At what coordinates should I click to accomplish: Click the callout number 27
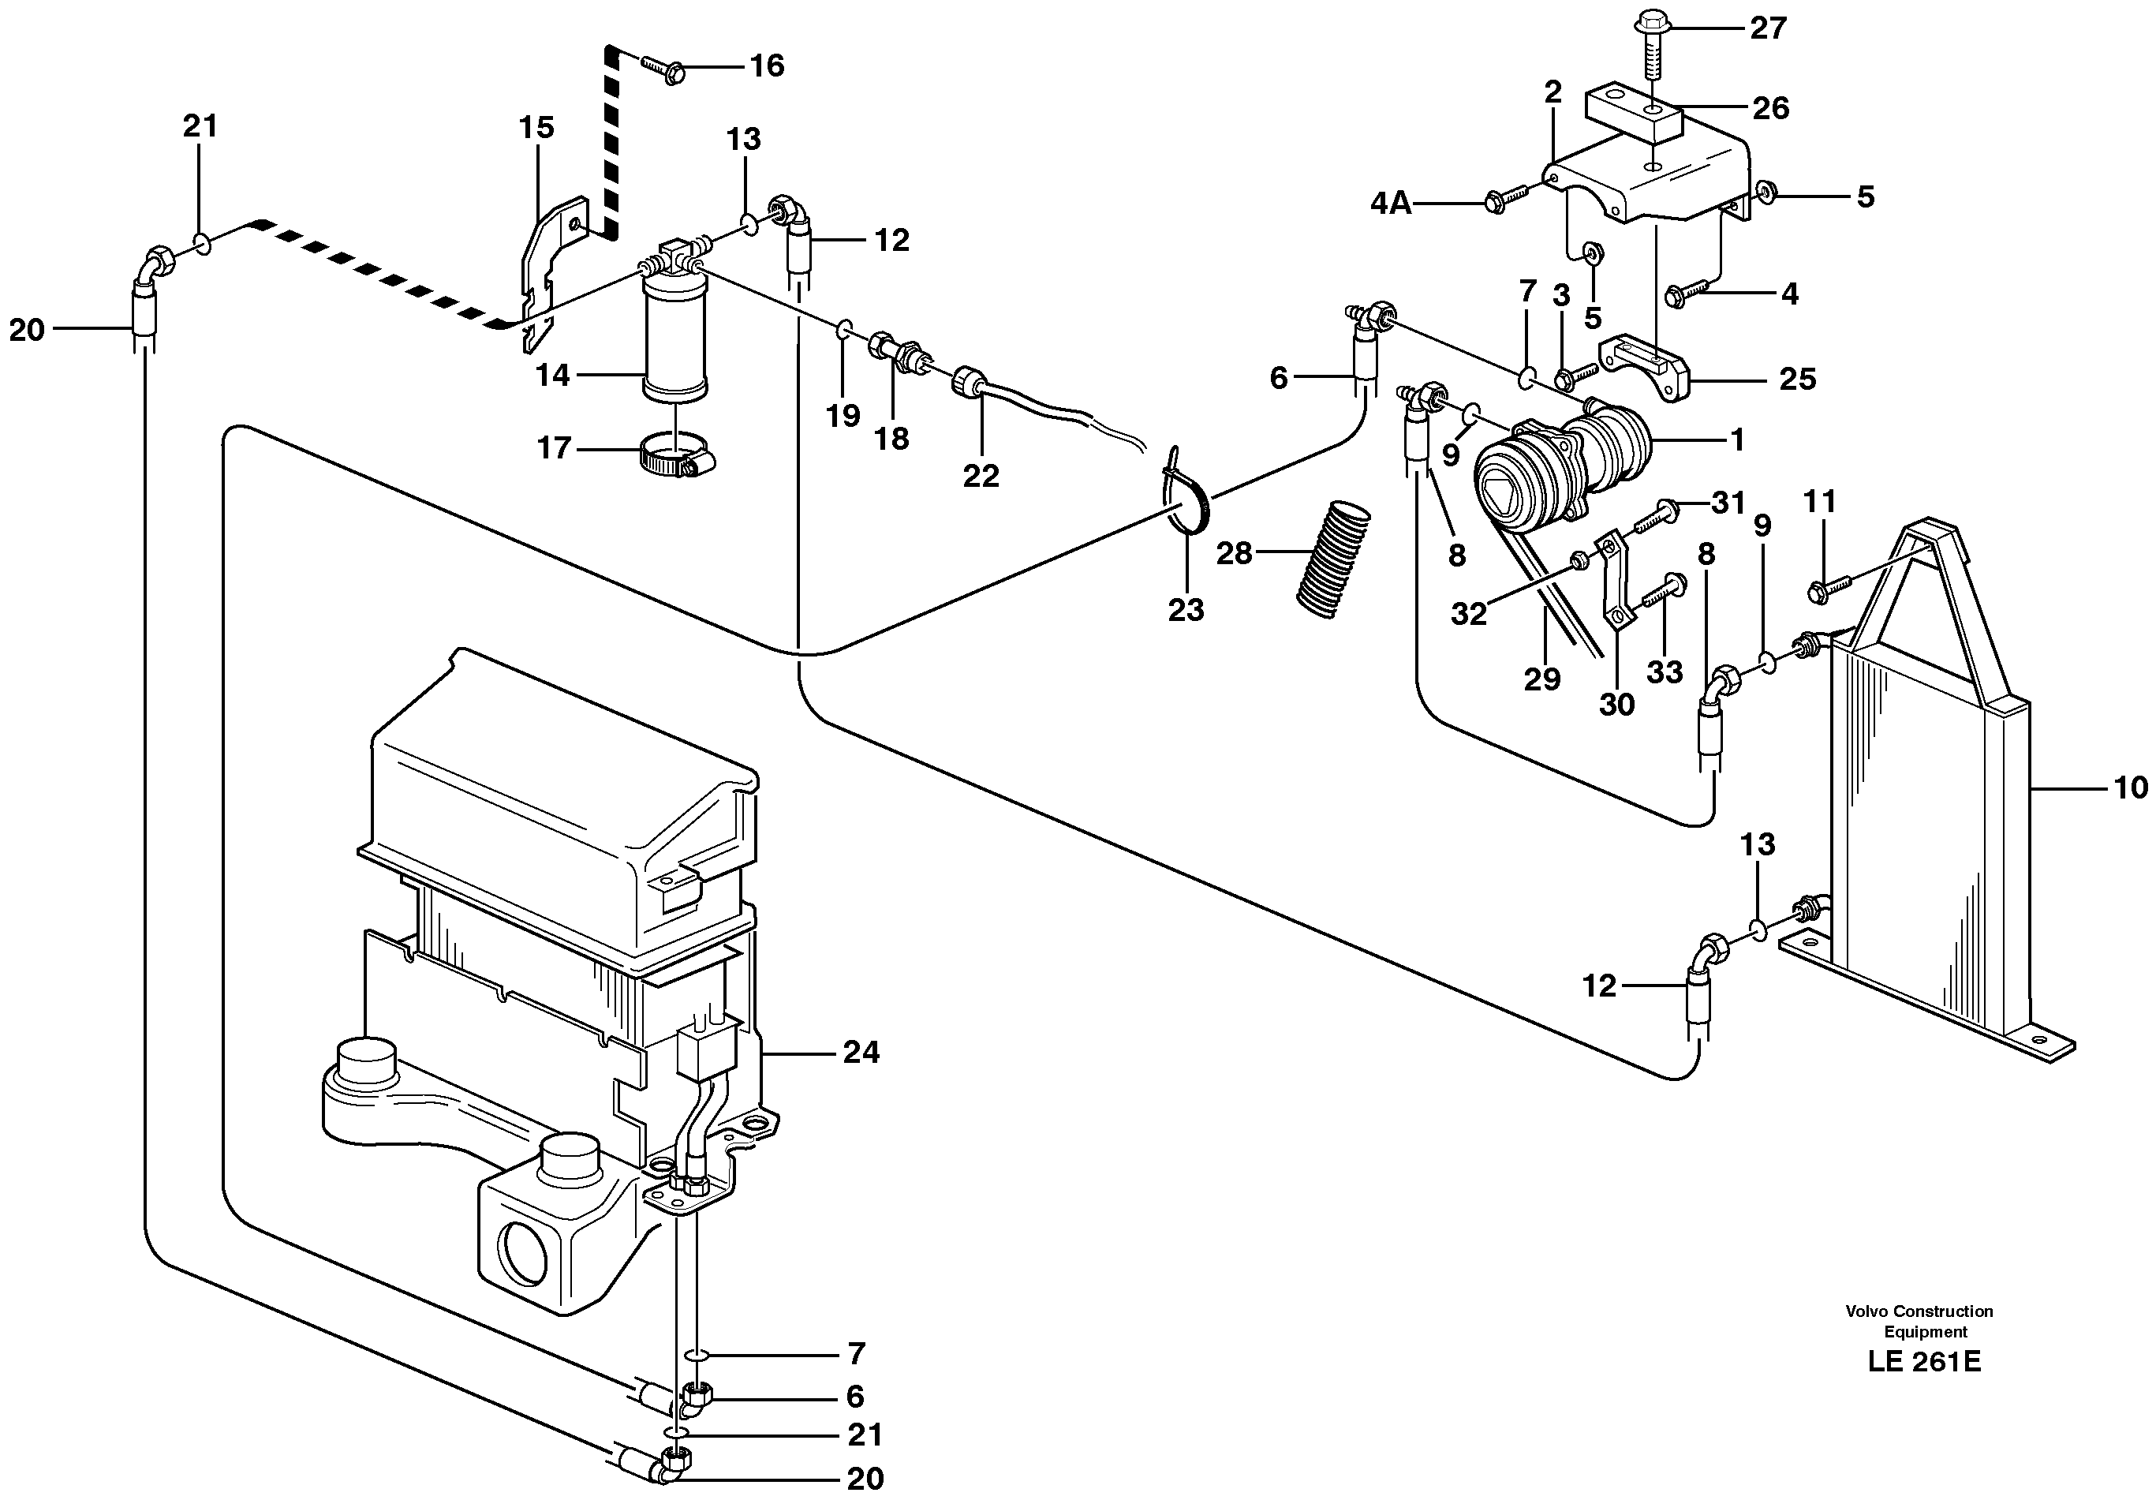(x=1767, y=28)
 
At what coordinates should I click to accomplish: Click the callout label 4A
(x=1391, y=203)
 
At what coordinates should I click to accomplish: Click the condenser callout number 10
(x=2131, y=787)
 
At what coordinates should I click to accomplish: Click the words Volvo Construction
(x=1919, y=1311)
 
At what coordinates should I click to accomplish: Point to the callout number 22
(x=981, y=477)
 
